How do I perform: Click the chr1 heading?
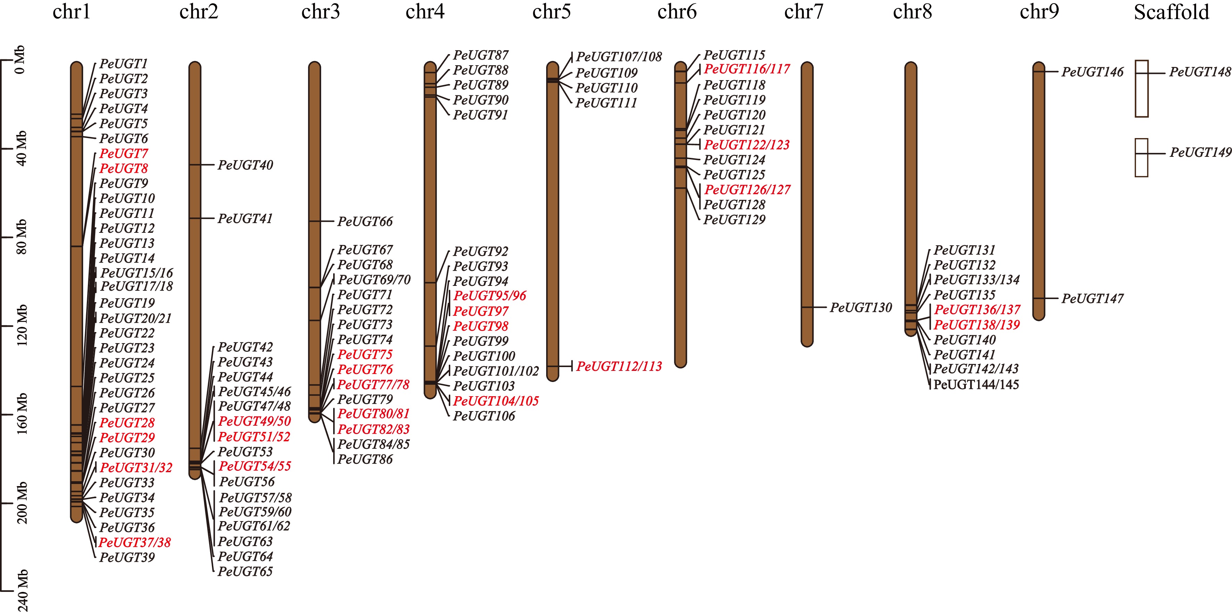pyautogui.click(x=71, y=12)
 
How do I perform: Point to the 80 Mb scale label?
pyautogui.click(x=22, y=237)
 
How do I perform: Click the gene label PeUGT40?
pyautogui.click(x=245, y=165)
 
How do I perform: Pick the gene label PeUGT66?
pyautogui.click(x=365, y=222)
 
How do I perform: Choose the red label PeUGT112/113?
pyautogui.click(x=619, y=366)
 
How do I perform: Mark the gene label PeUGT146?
pyautogui.click(x=1092, y=72)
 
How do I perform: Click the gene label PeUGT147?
pyautogui.click(x=1092, y=299)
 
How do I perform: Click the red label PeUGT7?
pyautogui.click(x=123, y=154)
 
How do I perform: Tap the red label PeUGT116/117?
pyautogui.click(x=747, y=69)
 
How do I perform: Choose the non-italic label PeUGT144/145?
pyautogui.click(x=976, y=385)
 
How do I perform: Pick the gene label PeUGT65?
pyautogui.click(x=245, y=571)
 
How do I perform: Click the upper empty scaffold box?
pyautogui.click(x=1142, y=88)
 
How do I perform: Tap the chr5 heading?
pyautogui.click(x=551, y=12)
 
